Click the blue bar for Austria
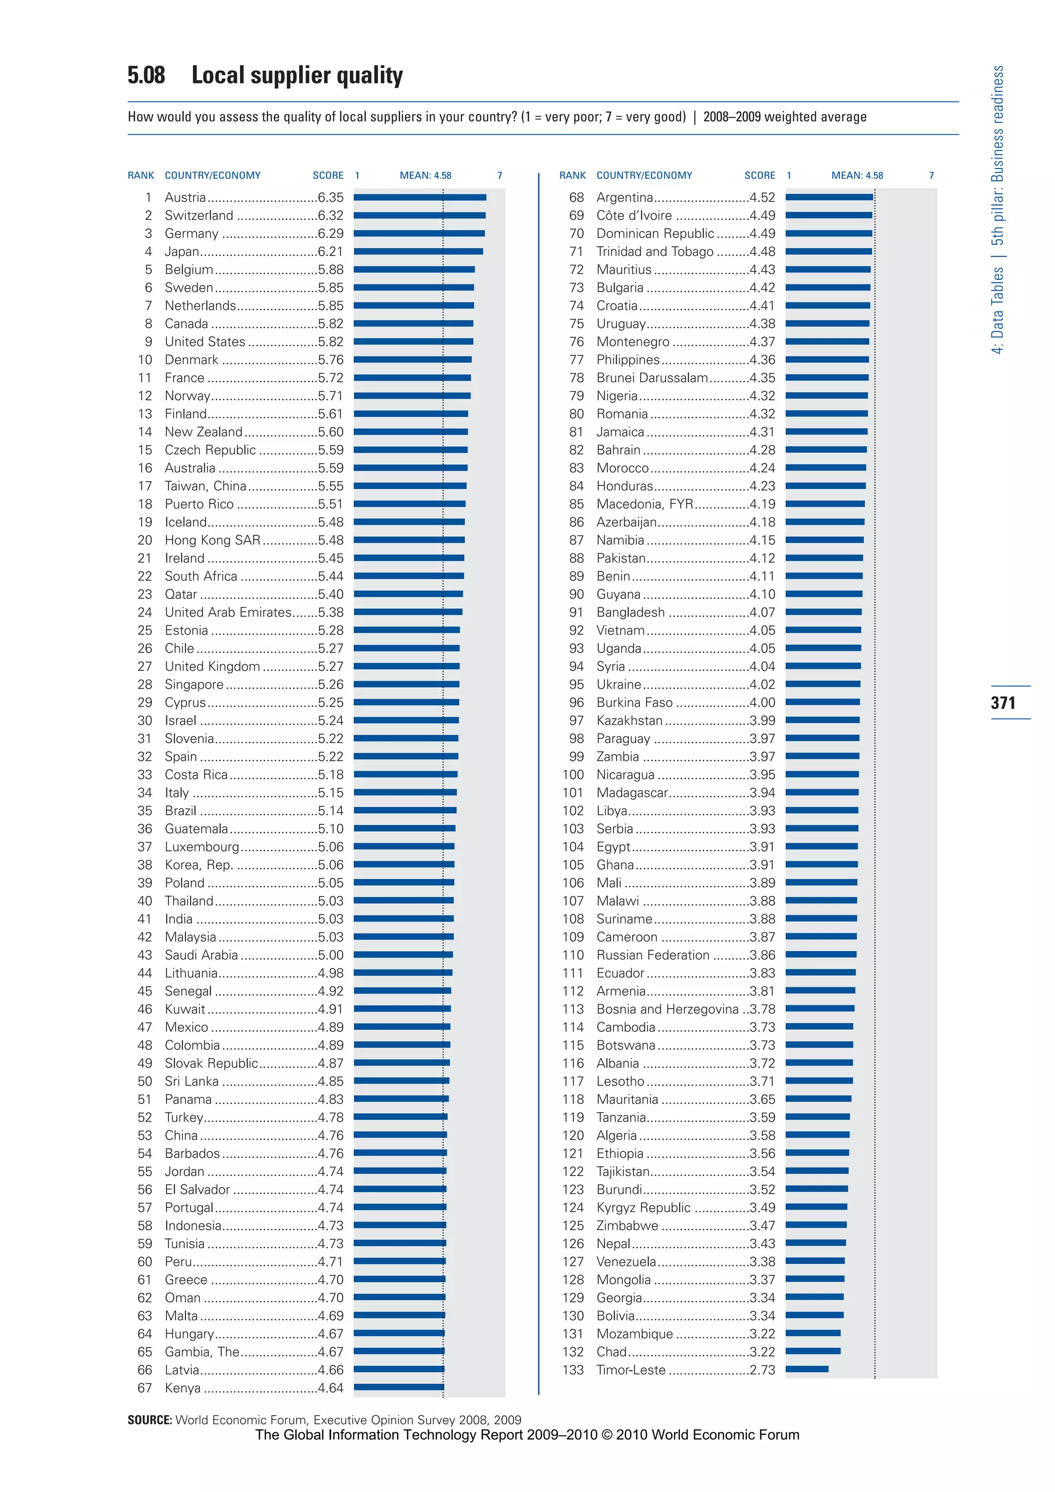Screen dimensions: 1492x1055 [420, 197]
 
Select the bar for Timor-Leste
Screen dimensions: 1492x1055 [807, 1369]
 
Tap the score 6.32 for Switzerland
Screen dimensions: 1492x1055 [331, 215]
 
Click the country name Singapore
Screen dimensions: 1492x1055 [194, 684]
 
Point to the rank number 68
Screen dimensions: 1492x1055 [576, 197]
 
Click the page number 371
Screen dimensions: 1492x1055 [1003, 702]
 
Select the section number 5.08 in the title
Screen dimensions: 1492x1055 [146, 75]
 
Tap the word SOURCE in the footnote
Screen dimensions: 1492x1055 [149, 1420]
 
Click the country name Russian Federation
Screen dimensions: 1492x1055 [653, 955]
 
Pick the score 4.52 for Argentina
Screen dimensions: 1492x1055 [762, 197]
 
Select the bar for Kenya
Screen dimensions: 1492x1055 [399, 1387]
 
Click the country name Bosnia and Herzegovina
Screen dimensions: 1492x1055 [667, 1009]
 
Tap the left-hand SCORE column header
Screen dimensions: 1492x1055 [328, 176]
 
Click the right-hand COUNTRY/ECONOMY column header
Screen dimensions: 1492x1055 [644, 176]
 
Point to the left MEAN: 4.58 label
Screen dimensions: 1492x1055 [426, 176]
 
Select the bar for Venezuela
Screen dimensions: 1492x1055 [814, 1261]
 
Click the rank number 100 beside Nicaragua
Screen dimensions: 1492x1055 [573, 774]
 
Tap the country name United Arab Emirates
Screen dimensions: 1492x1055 [228, 612]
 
